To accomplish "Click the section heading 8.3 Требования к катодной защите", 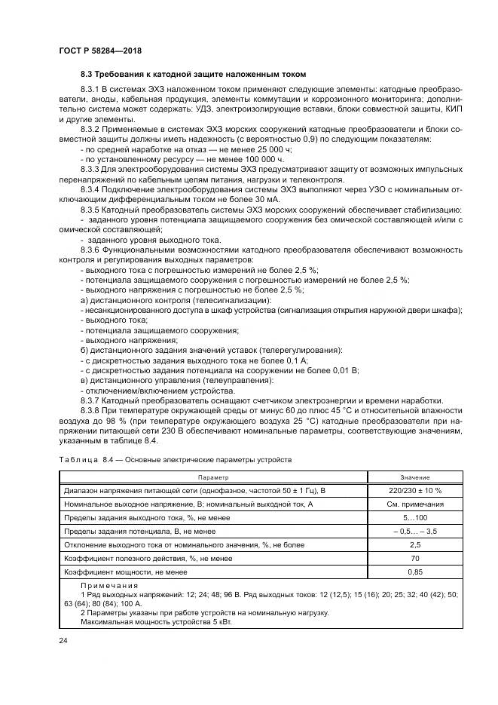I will coord(194,74).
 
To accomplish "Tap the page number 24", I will coord(63,640).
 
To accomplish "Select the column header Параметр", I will coord(213,477).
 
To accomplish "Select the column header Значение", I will coord(414,477).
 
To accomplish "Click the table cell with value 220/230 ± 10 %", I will coord(414,490).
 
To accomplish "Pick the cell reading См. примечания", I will coord(414,504).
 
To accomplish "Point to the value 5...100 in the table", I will coord(414,517).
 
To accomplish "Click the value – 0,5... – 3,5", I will coord(414,531).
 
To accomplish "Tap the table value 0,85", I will coord(414,572).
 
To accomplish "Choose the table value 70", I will coord(414,558).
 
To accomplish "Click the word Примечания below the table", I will coord(105,585).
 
